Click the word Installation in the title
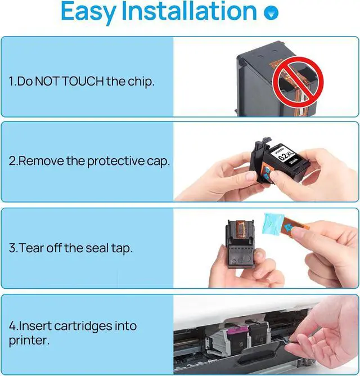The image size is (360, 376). coord(189,11)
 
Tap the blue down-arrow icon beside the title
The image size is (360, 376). coord(271,12)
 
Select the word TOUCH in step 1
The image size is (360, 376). coord(83,81)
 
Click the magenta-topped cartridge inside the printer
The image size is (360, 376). coord(236,342)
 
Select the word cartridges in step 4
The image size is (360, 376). coord(83,326)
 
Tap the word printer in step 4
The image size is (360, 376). coord(29,341)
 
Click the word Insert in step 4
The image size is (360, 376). coord(35,326)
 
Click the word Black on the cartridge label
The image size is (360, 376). coord(294,161)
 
